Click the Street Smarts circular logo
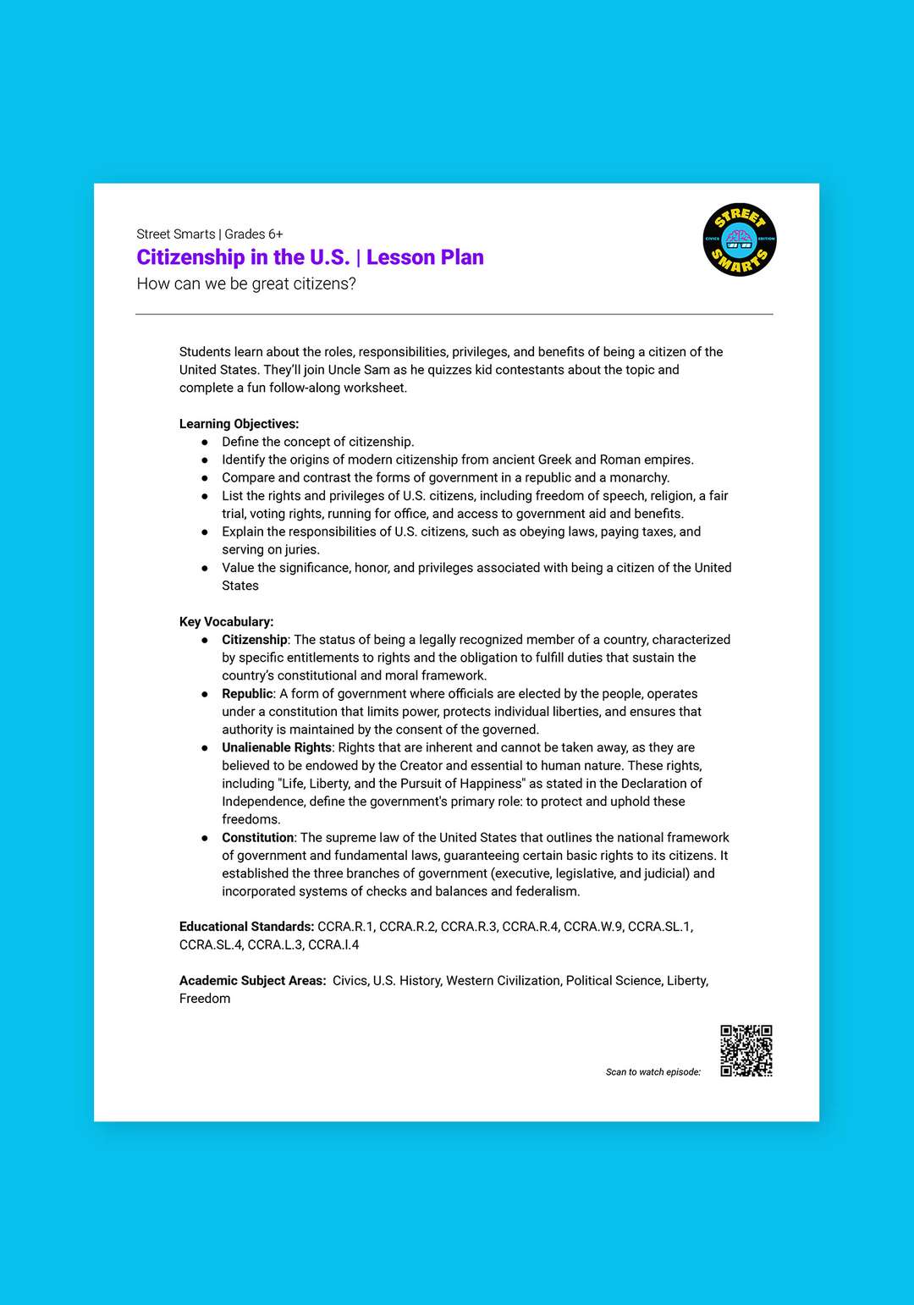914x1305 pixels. [x=739, y=240]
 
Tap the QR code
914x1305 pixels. [x=746, y=1050]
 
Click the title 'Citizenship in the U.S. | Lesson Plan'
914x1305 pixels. [x=310, y=257]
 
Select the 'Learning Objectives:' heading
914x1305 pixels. [x=239, y=424]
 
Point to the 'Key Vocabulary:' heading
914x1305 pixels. [x=226, y=621]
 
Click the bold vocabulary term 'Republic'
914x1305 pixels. [x=247, y=694]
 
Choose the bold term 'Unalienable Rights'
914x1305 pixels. [x=276, y=747]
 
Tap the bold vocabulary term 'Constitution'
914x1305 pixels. [x=257, y=838]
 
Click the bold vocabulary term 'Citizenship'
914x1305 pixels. [x=254, y=640]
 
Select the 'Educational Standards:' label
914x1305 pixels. [x=246, y=927]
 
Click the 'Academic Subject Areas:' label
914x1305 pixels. [x=252, y=981]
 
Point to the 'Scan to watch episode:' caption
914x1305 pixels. [x=652, y=1072]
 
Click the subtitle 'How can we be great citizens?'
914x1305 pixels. [x=246, y=284]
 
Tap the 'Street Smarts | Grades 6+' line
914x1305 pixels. [x=210, y=234]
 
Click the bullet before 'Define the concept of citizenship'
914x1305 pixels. [x=205, y=442]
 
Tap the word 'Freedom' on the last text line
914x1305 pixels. [x=205, y=999]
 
